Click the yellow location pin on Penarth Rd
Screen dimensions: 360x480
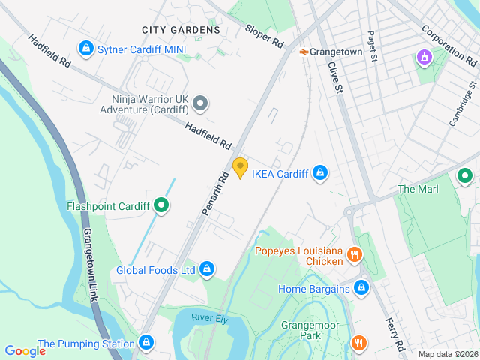pos(240,168)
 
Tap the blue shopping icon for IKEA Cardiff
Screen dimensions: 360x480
pos(320,174)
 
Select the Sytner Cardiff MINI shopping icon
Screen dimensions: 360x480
pos(86,49)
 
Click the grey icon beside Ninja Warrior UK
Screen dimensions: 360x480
pos(199,103)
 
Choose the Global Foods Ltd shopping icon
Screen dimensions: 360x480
pos(207,269)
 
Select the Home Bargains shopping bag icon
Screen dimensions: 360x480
pos(361,288)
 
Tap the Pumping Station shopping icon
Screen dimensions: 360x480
pos(146,343)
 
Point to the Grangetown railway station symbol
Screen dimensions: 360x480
pos(304,52)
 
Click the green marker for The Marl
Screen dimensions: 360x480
pos(464,177)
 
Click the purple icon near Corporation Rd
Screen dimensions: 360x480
pos(424,57)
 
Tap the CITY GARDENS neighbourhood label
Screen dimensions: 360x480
pos(181,30)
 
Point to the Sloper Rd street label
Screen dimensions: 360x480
pos(264,35)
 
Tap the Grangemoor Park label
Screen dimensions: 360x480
pos(310,331)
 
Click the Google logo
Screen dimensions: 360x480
pos(25,350)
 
